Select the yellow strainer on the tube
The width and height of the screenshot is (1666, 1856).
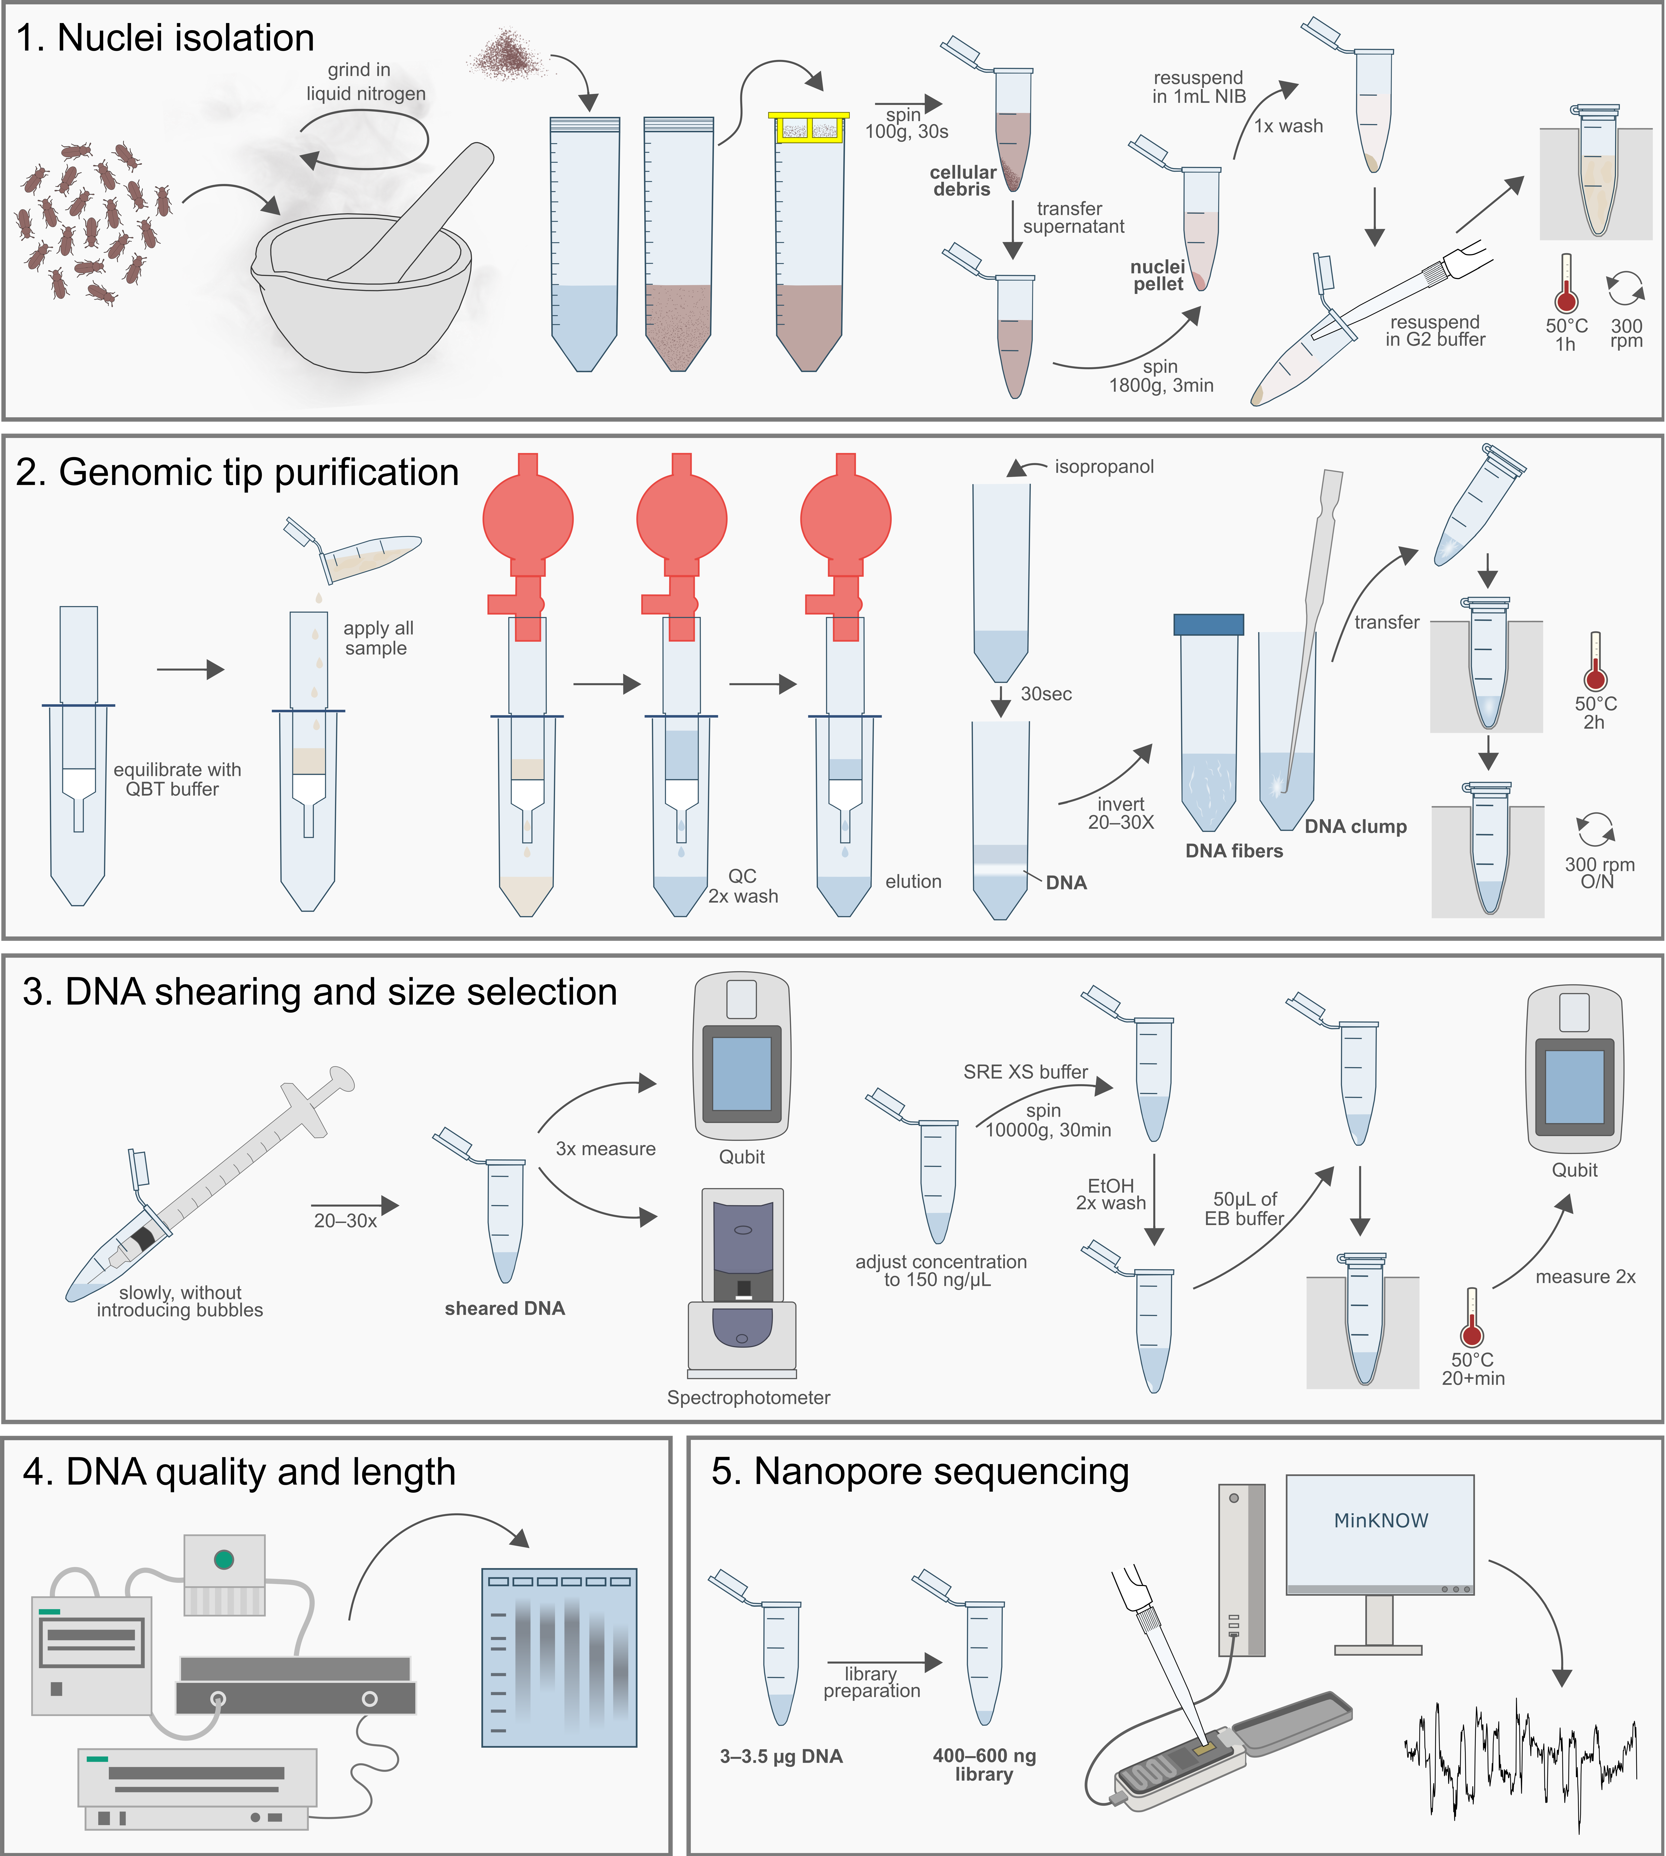pos(809,128)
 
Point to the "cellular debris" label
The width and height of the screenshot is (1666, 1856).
pos(962,180)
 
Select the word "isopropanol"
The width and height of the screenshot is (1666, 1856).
pos(1104,467)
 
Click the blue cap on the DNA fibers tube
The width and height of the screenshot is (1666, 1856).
pos(1208,624)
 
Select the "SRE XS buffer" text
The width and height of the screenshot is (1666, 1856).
pos(1025,1072)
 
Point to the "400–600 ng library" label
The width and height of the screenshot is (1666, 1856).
pos(984,1764)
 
